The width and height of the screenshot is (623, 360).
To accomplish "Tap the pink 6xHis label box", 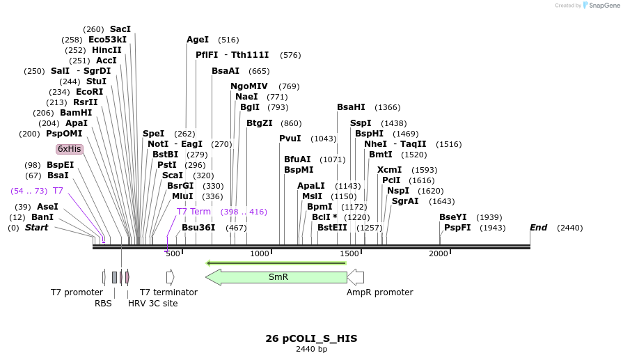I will (70, 149).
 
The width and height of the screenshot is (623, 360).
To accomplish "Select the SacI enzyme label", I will (120, 29).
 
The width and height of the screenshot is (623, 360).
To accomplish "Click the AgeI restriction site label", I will (198, 40).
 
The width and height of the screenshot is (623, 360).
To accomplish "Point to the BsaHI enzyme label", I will (351, 107).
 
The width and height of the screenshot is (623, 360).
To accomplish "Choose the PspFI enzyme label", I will (457, 228).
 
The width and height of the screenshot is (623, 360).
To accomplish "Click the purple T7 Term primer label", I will (194, 212).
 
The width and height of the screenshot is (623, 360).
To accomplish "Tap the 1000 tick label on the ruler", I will (260, 254).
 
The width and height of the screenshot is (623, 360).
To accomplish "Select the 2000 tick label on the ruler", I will (439, 254).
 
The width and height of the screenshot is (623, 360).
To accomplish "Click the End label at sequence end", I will (538, 228).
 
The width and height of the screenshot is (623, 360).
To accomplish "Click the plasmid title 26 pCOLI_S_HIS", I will (311, 338).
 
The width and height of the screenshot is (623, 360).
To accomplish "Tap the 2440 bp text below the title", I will (311, 349).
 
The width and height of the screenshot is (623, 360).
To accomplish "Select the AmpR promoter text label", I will (380, 292).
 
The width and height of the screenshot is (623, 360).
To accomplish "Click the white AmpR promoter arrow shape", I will (356, 277).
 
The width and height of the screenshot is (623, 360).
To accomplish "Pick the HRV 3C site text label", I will (153, 303).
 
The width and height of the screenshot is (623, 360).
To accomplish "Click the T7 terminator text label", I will (168, 292).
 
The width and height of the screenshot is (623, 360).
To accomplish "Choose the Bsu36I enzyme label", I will (198, 228).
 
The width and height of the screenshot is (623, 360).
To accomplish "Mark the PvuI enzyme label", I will (290, 139).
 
